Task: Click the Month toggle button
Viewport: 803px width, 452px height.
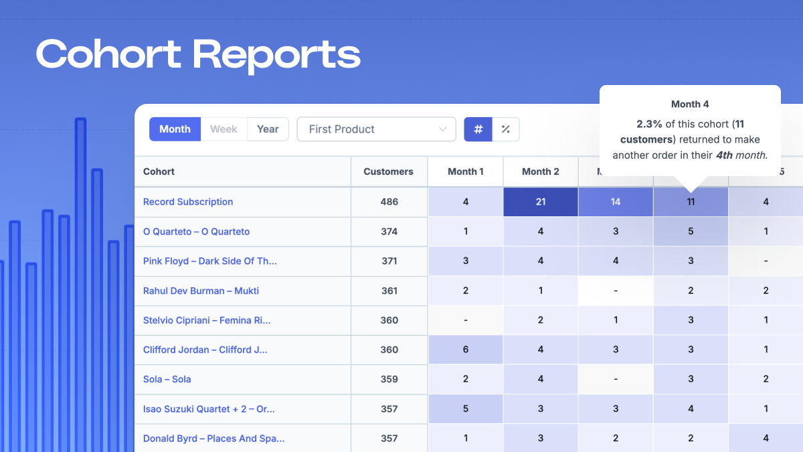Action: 175,129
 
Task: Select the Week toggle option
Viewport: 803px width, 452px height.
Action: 224,129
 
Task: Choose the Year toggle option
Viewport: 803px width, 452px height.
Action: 268,129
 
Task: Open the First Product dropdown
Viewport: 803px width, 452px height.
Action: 376,129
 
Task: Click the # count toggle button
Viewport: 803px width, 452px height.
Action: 478,129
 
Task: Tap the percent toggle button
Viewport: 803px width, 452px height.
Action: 506,129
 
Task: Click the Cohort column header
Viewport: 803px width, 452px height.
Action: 159,171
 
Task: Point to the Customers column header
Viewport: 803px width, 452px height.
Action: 388,171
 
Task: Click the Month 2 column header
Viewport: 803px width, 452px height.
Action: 541,171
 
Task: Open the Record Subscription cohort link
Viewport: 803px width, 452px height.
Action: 188,202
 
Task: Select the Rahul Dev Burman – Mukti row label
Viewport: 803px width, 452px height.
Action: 201,291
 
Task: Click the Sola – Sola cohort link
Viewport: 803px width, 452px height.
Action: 167,379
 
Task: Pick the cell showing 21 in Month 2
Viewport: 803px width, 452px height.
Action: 541,202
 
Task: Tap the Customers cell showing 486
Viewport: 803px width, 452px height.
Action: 389,202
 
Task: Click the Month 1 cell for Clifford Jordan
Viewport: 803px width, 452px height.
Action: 466,350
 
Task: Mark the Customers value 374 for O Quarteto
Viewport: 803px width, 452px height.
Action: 389,232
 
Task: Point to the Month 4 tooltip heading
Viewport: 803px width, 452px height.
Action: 690,104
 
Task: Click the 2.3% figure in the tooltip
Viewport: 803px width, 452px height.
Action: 648,124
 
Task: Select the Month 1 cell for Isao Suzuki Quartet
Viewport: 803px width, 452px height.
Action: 466,408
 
